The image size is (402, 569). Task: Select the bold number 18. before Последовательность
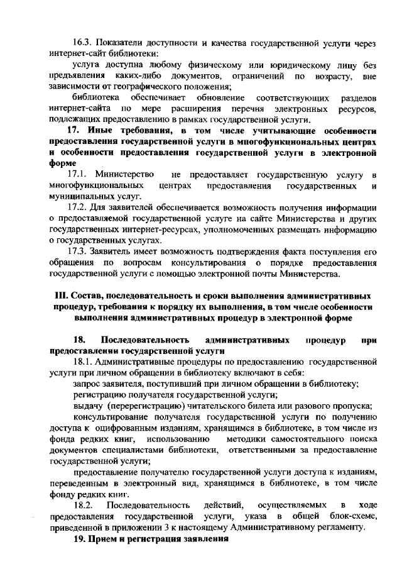pos(80,340)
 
